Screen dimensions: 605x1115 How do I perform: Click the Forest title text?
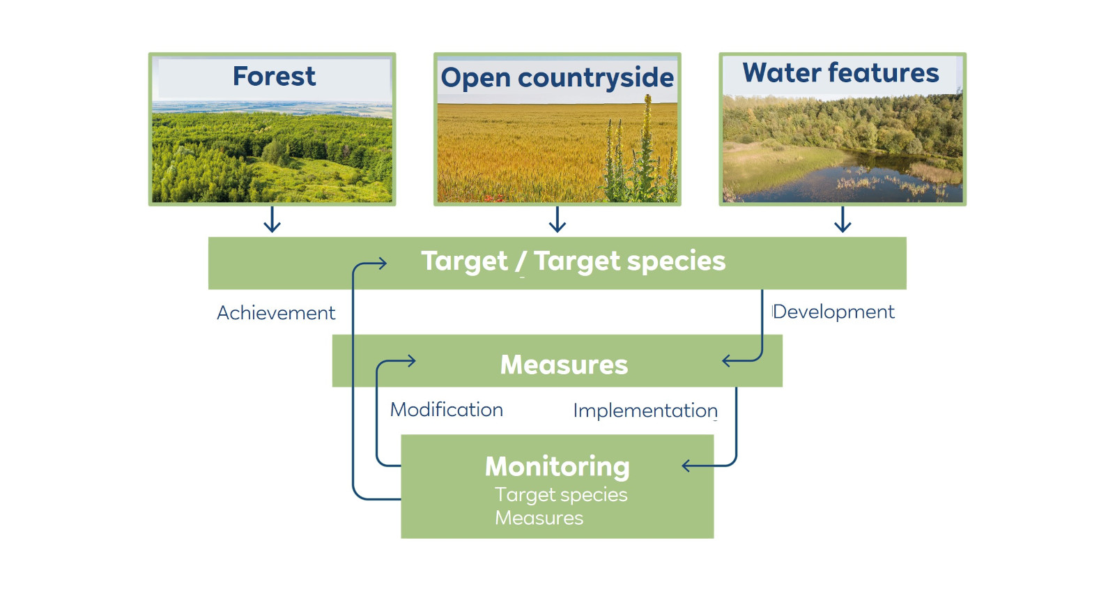(274, 76)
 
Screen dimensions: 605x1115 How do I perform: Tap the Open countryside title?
(557, 77)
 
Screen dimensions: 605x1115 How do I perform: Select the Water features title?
(840, 73)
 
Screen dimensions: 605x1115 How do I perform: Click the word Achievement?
(276, 313)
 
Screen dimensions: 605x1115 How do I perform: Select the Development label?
(833, 312)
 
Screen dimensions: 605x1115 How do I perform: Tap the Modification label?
(446, 410)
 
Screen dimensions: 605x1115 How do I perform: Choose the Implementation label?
(645, 411)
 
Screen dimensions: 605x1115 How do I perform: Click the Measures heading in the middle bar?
(564, 365)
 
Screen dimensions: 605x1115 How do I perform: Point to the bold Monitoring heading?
(557, 466)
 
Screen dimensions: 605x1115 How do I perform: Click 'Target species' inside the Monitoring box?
(561, 495)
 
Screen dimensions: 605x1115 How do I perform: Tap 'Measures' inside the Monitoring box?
(539, 518)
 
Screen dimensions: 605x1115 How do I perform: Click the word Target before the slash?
(464, 261)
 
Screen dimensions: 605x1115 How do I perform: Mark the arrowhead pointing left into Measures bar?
(728, 360)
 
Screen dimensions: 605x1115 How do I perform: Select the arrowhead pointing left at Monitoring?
(687, 466)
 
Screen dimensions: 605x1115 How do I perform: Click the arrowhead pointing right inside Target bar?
(382, 263)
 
